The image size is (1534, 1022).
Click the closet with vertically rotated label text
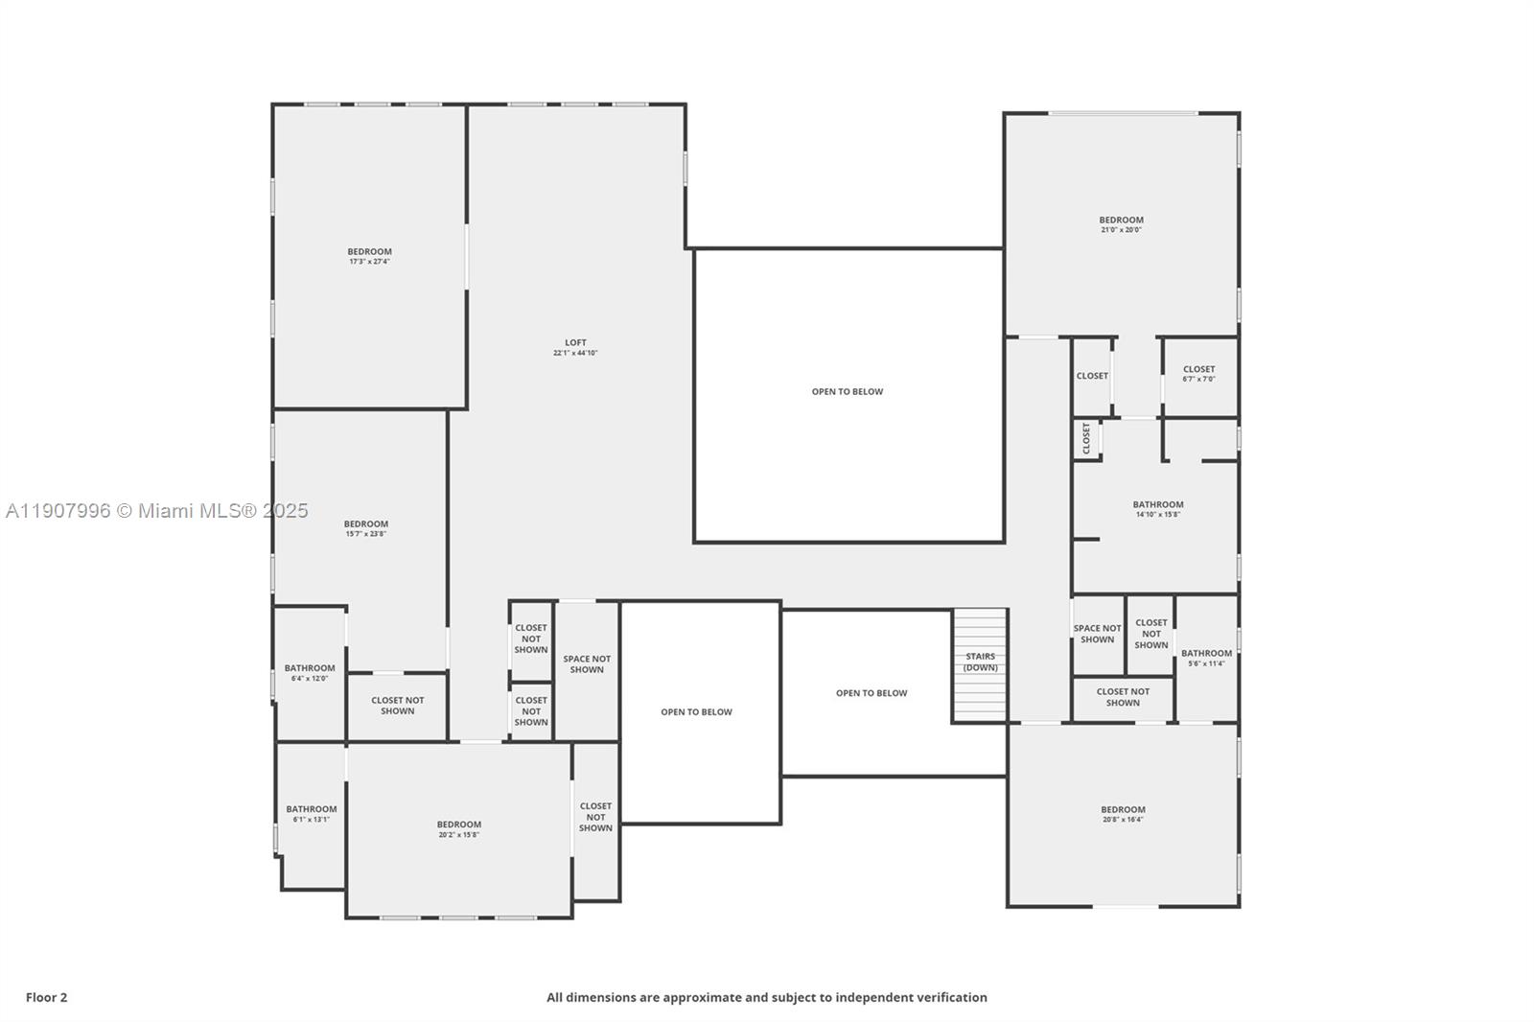pyautogui.click(x=1086, y=438)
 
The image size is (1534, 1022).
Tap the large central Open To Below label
pyautogui.click(x=848, y=391)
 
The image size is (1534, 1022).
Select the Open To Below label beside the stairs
pyautogui.click(x=871, y=693)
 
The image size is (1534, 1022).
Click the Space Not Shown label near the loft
pyautogui.click(x=587, y=664)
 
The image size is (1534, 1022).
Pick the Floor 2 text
pyautogui.click(x=46, y=997)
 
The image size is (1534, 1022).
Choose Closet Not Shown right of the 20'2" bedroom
pyautogui.click(x=595, y=817)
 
